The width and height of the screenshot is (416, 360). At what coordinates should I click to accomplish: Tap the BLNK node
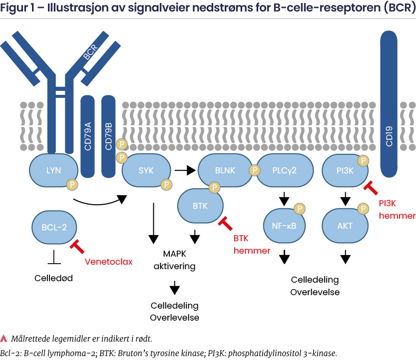coord(223,170)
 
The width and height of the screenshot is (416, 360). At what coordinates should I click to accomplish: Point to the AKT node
coord(345,226)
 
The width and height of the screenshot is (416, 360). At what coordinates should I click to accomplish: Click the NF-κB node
coord(284,226)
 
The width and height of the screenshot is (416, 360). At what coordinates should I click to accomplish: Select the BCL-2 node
coord(54,228)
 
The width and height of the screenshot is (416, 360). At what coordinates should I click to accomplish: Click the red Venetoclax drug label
coord(109,261)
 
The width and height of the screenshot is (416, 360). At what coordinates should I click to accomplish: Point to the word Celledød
coord(53,278)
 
